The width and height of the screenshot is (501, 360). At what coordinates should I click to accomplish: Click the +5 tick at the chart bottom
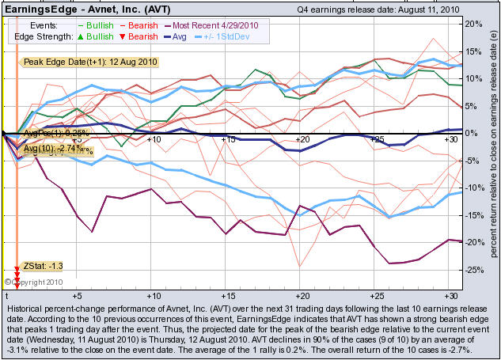tap(77, 293)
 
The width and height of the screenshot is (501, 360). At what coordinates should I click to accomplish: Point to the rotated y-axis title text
tap(492, 150)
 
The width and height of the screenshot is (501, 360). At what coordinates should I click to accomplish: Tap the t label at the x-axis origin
tap(6, 293)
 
